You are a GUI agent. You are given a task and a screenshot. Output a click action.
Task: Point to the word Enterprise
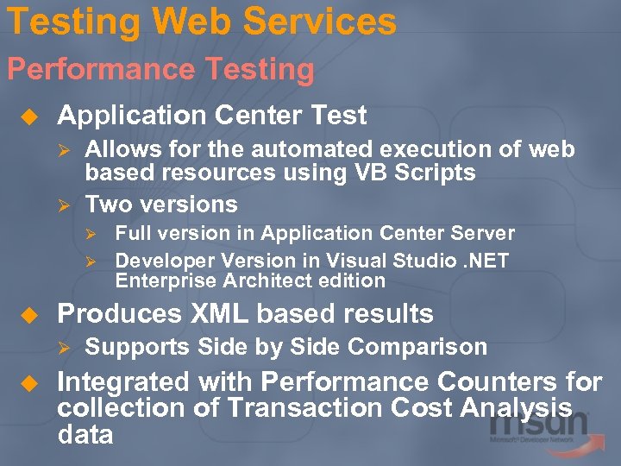(164, 280)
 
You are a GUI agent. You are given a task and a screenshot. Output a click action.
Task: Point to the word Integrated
(122, 381)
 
